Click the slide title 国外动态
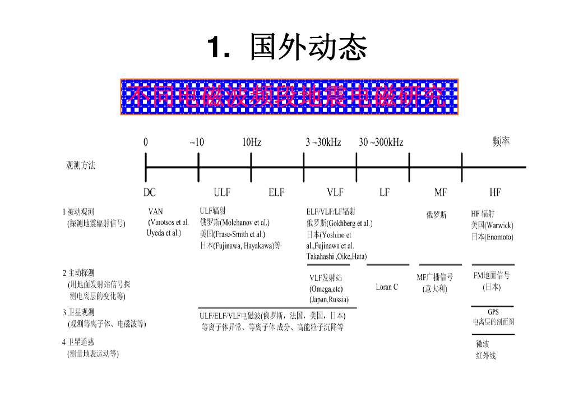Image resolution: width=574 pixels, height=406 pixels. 307,47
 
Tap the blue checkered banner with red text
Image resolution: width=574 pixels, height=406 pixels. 289,97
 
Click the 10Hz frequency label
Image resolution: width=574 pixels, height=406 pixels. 251,142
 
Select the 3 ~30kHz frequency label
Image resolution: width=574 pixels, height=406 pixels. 323,142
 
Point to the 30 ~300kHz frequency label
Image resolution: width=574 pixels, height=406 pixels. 381,142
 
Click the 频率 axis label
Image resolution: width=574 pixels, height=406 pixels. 501,142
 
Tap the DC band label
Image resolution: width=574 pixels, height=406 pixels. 149,192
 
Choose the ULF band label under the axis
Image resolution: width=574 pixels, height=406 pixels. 221,192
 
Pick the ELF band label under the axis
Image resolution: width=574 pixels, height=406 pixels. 276,192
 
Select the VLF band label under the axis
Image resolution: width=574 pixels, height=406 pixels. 335,192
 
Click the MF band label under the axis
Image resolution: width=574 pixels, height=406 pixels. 440,192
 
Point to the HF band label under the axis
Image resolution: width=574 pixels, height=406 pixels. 494,192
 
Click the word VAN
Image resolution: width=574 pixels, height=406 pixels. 155,212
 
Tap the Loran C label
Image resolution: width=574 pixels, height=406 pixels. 387,287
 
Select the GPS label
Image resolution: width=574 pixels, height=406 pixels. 493,312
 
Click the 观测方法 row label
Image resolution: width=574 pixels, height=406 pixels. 81,165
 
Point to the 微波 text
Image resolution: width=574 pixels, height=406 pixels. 482,344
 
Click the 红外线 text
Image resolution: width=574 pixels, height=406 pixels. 485,355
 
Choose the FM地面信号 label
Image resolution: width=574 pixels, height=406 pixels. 491,275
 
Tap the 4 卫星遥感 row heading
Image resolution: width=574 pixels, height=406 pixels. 78,342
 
